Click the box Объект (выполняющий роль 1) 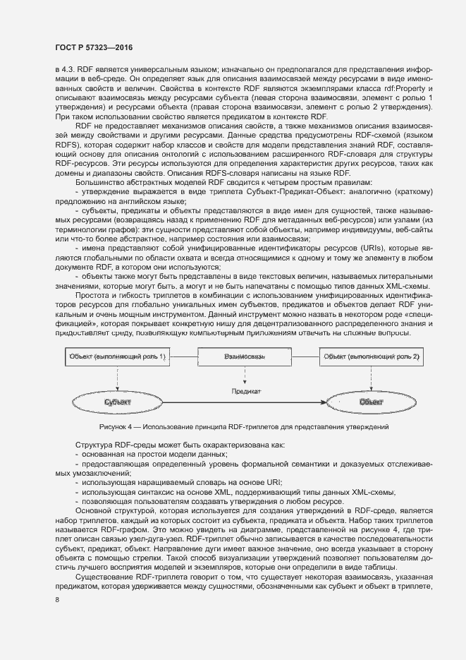[117, 357]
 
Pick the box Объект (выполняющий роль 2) [372, 357]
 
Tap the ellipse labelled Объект [372, 402]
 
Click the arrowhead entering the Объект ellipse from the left [331, 402]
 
